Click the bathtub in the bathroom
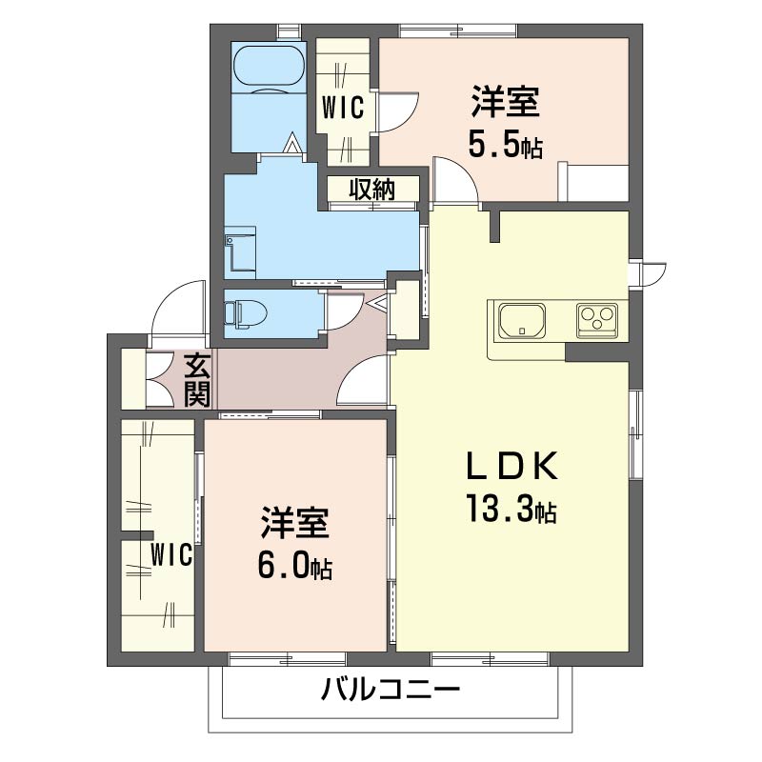click(x=270, y=68)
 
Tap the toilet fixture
click(x=246, y=312)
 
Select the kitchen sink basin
click(x=522, y=321)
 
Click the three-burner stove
click(x=597, y=321)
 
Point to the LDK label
click(x=511, y=466)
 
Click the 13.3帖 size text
click(x=511, y=508)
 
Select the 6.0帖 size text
click(x=295, y=566)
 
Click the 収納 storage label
click(x=372, y=189)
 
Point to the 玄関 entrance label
click(x=198, y=381)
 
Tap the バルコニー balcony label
click(x=391, y=690)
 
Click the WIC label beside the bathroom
click(x=343, y=108)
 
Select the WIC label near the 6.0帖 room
click(x=171, y=554)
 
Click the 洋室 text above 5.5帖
click(x=506, y=101)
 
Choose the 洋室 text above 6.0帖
click(x=295, y=522)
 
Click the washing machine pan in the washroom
click(x=241, y=249)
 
